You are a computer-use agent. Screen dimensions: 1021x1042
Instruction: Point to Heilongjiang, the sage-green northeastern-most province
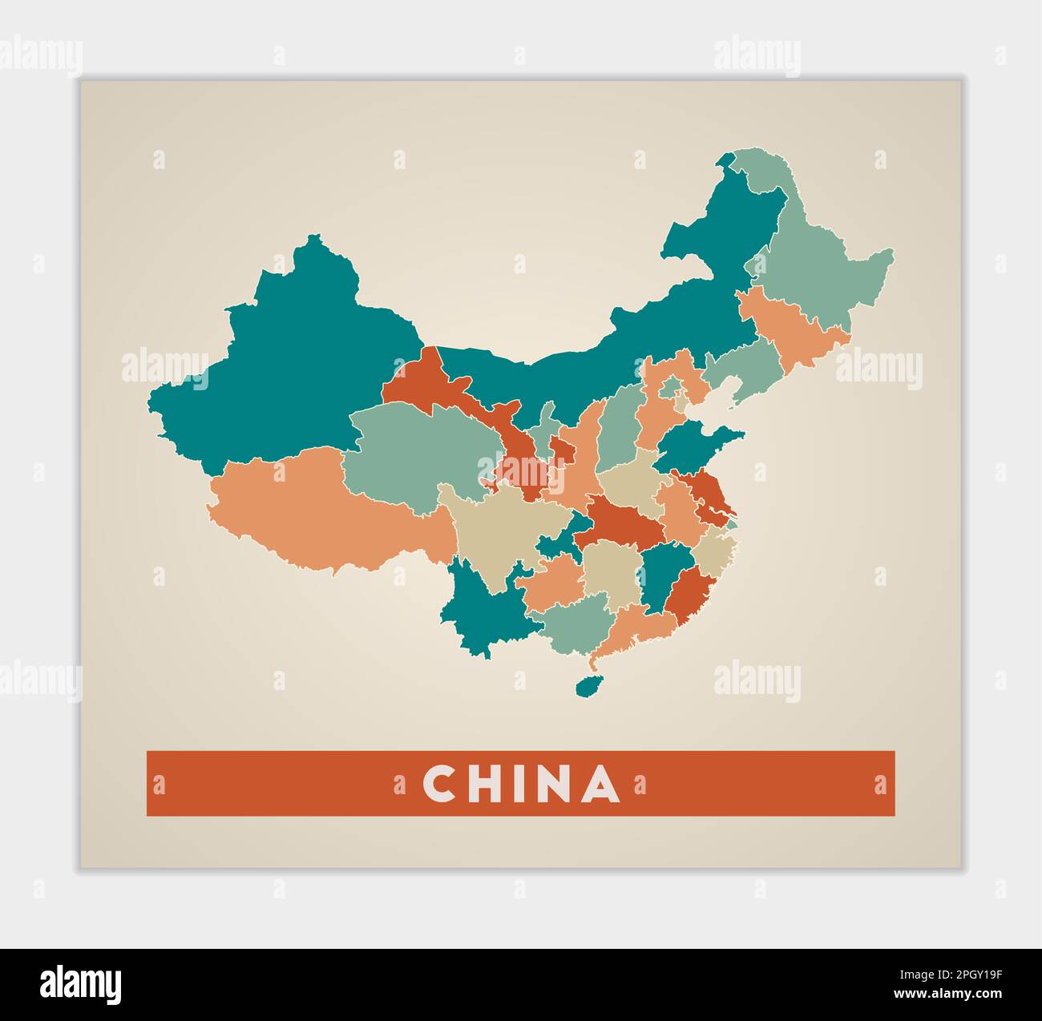click(x=818, y=264)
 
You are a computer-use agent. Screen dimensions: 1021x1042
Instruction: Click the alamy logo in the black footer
click(x=81, y=983)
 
